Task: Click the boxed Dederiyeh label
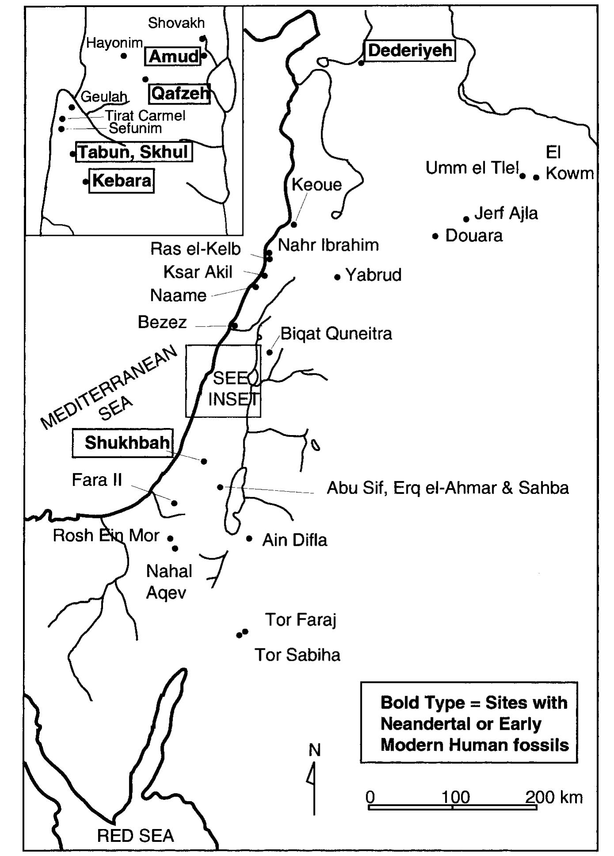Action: pos(410,50)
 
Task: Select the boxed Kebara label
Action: pos(121,181)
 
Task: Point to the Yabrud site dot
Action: pos(337,277)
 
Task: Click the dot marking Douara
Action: pos(436,236)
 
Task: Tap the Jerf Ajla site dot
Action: pos(466,219)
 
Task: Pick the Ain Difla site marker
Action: pos(250,538)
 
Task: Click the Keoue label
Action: pos(317,185)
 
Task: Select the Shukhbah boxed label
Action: pos(127,443)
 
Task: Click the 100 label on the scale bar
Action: pos(455,797)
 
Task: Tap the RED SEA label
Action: pos(135,836)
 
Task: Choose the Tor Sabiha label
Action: pos(297,655)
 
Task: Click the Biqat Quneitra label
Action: pos(336,333)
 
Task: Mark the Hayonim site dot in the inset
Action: pos(124,56)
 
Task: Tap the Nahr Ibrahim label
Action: pos(328,245)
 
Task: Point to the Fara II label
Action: pos(97,480)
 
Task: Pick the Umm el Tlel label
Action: pos(472,168)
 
